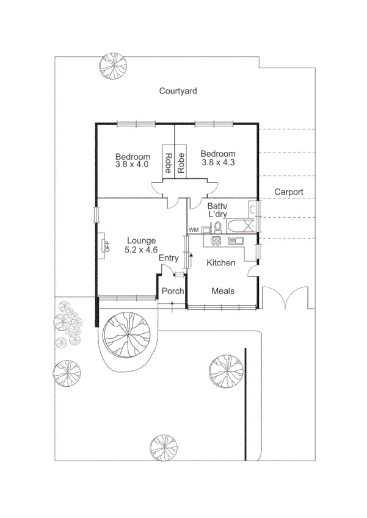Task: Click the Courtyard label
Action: pos(178,91)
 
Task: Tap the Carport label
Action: pos(289,192)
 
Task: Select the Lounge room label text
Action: pos(141,240)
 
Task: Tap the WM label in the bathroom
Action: pos(194,229)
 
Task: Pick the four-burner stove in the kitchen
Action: pos(216,241)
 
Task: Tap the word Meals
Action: pos(223,291)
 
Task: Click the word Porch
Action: pos(173,291)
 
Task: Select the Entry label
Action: pos(169,259)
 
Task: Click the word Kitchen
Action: pos(220,263)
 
